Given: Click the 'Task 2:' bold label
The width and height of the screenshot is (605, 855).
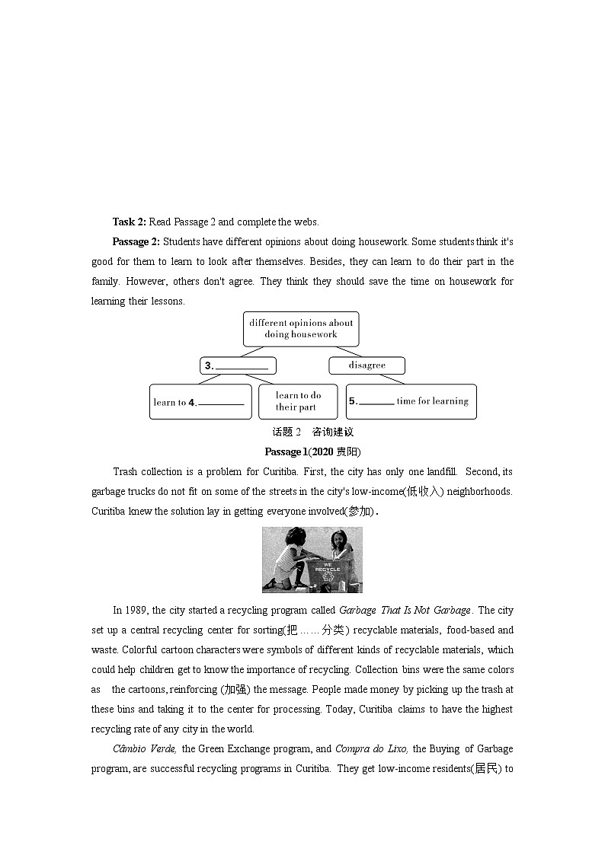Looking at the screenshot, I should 129,222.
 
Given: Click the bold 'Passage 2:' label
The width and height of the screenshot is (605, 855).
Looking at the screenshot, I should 136,241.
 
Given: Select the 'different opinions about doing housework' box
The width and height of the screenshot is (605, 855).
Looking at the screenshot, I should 301,328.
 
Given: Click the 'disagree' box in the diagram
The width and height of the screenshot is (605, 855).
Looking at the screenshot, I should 367,365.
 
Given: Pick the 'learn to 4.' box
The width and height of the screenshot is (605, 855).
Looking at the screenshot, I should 200,402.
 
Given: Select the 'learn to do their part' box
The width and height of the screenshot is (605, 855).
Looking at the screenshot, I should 298,401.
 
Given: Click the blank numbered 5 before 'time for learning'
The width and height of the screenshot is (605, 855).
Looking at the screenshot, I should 376,401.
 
